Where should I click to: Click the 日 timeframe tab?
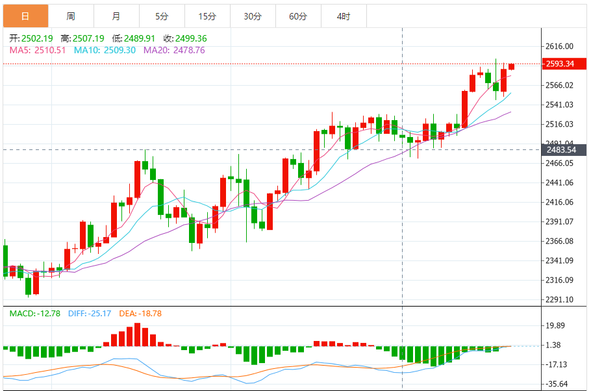[25, 16]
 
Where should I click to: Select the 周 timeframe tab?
[71, 16]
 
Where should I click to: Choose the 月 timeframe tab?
[116, 16]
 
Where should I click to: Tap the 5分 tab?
[162, 16]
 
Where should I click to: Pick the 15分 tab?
[207, 16]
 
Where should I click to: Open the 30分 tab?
[253, 16]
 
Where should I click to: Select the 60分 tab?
[298, 16]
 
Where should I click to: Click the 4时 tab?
[344, 16]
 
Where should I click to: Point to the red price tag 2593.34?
[560, 64]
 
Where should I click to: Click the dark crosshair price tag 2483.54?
[560, 150]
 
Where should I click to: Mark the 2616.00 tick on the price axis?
[560, 46]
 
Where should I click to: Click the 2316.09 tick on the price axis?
[560, 280]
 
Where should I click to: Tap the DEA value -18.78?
[147, 314]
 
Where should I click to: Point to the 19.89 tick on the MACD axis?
[557, 325]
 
